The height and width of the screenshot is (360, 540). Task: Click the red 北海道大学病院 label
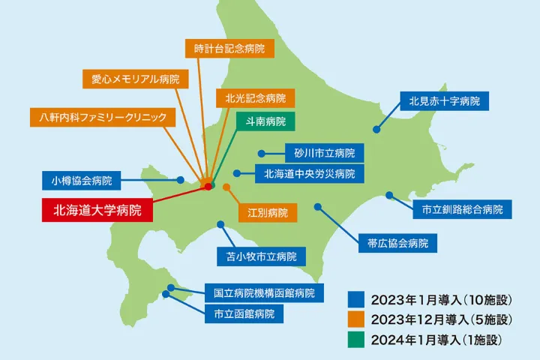[x=96, y=210]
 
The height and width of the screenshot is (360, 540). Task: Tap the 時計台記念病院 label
[x=229, y=49]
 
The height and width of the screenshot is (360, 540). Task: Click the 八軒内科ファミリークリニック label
[x=103, y=118]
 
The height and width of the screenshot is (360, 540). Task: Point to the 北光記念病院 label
[x=255, y=98]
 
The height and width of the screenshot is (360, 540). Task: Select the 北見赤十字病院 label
[x=444, y=100]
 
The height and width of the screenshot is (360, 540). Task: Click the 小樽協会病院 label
[x=82, y=181]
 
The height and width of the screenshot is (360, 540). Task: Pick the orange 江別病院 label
[x=268, y=211]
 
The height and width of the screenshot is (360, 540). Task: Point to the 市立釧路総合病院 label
[x=462, y=208]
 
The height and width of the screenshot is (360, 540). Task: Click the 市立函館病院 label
[x=244, y=313]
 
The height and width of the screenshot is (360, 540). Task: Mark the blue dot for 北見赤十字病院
[x=377, y=129]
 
